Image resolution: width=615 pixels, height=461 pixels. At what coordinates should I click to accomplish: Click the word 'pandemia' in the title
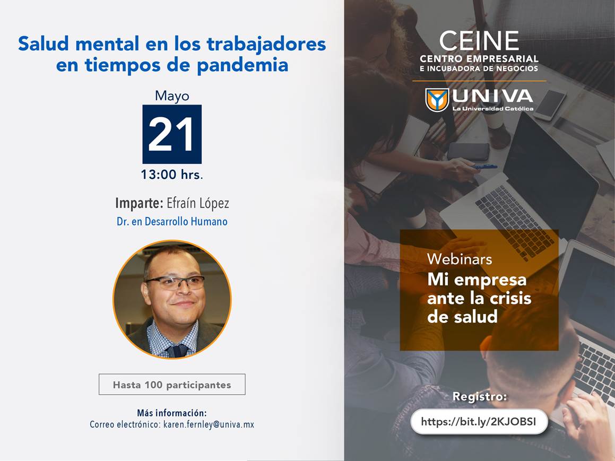pos(242,65)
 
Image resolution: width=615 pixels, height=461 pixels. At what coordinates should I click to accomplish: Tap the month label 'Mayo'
pos(172,96)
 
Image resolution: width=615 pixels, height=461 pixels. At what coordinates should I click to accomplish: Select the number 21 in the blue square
pos(171,134)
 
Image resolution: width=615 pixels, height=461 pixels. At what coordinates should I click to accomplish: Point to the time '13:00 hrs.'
pos(172,175)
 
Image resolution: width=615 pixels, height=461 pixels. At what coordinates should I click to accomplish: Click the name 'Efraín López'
pos(198,203)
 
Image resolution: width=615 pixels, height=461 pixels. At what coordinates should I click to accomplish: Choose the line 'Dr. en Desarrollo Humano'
pos(172,222)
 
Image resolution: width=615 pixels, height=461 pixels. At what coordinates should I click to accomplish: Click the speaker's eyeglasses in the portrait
pos(175,282)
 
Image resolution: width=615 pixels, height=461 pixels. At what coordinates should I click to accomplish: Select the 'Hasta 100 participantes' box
pos(172,385)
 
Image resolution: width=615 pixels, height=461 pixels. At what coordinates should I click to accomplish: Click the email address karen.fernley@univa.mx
pos(209,424)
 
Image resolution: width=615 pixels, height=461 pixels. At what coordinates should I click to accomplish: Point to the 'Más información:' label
pos(172,413)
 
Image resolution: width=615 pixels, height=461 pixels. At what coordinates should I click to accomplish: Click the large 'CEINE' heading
pos(479,41)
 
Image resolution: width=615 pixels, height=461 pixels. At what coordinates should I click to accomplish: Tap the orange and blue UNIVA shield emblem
pos(437,100)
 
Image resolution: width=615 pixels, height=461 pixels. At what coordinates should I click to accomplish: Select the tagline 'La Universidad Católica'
pos(492,109)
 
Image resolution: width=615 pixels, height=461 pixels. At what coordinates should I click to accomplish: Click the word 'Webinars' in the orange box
pos(460,259)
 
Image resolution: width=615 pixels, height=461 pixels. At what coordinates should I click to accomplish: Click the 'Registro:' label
pos(480,397)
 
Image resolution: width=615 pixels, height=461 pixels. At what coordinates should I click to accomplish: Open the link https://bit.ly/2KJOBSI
pos(479,422)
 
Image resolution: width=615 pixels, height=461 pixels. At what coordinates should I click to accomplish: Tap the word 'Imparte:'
pos(139,203)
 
